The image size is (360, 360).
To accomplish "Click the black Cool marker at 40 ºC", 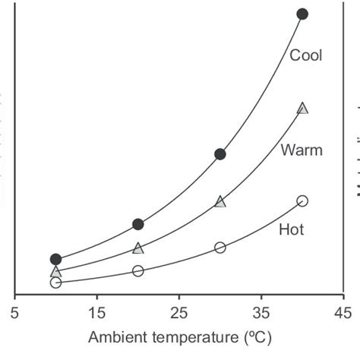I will click(x=302, y=14).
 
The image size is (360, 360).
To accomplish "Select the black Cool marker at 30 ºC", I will click(x=220, y=154).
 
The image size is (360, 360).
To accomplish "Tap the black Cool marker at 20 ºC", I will click(x=137, y=224).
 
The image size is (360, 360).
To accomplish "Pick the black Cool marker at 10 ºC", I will click(x=55, y=259).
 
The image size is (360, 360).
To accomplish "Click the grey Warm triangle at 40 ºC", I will click(x=302, y=109).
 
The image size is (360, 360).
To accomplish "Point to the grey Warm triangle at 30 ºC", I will click(x=220, y=201).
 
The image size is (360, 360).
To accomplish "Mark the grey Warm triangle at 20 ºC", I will click(x=137, y=248).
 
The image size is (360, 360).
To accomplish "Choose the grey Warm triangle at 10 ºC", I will click(x=55, y=271).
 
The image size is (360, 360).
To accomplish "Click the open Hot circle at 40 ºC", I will click(x=302, y=201).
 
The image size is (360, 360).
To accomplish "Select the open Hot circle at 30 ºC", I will click(x=220, y=248).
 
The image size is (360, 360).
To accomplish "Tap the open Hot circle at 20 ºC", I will click(x=137, y=270).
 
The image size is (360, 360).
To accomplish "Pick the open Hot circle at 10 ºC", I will click(x=55, y=283).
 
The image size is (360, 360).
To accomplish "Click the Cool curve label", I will click(x=306, y=55).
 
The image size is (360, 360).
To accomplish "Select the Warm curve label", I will click(x=302, y=150).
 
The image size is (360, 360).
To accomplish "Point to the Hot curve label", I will click(x=292, y=229).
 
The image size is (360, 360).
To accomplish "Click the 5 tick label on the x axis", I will click(x=14, y=311).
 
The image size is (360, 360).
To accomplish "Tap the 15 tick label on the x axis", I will click(x=96, y=311).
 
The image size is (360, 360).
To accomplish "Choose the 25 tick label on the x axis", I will click(x=178, y=311).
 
